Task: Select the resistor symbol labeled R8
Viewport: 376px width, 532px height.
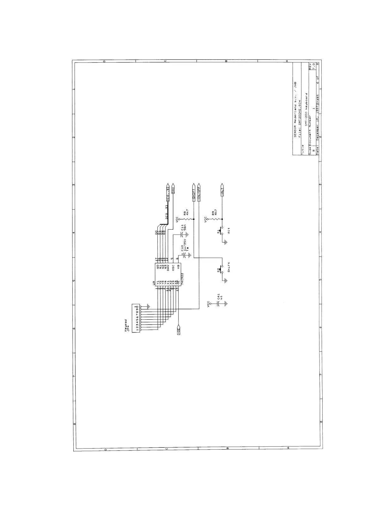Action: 186,219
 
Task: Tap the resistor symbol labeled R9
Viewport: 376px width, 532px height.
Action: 215,219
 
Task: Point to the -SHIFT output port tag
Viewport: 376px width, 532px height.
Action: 194,192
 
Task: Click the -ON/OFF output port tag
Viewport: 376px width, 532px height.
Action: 199,192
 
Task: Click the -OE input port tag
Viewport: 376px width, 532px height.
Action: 179,330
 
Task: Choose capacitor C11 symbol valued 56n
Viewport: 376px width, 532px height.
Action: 183,234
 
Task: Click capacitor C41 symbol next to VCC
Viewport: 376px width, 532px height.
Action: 218,304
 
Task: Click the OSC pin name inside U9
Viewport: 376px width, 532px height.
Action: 173,267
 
